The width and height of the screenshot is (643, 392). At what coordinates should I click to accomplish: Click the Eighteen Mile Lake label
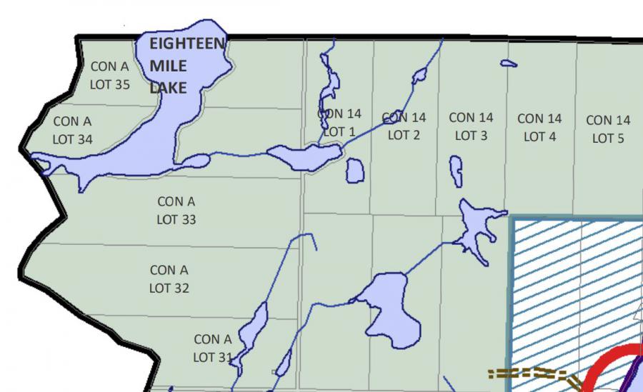[187, 66]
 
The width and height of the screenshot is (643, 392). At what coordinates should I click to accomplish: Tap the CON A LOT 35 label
[110, 75]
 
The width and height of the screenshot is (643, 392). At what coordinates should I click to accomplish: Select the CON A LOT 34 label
[72, 130]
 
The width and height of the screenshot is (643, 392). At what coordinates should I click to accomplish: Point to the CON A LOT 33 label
[176, 211]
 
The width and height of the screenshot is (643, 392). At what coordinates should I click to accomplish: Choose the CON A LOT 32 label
[169, 279]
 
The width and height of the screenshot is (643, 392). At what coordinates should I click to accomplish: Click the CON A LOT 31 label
[213, 348]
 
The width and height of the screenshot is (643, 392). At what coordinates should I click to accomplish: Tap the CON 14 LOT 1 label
[339, 122]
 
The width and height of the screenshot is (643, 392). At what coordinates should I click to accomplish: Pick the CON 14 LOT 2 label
[404, 126]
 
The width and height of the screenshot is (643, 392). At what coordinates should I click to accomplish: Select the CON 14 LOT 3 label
[471, 126]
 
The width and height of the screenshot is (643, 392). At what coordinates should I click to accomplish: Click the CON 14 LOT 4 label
[539, 127]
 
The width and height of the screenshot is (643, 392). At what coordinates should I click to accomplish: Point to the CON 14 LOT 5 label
[608, 129]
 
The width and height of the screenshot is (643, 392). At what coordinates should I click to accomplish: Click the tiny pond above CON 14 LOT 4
[509, 64]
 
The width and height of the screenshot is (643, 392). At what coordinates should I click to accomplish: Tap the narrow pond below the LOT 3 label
[456, 171]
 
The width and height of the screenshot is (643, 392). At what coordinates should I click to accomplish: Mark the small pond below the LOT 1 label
[354, 171]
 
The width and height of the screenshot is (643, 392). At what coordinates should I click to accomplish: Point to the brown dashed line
[529, 373]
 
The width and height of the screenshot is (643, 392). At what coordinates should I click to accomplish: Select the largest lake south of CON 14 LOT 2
[386, 303]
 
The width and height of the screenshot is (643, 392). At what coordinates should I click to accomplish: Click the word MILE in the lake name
[169, 66]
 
